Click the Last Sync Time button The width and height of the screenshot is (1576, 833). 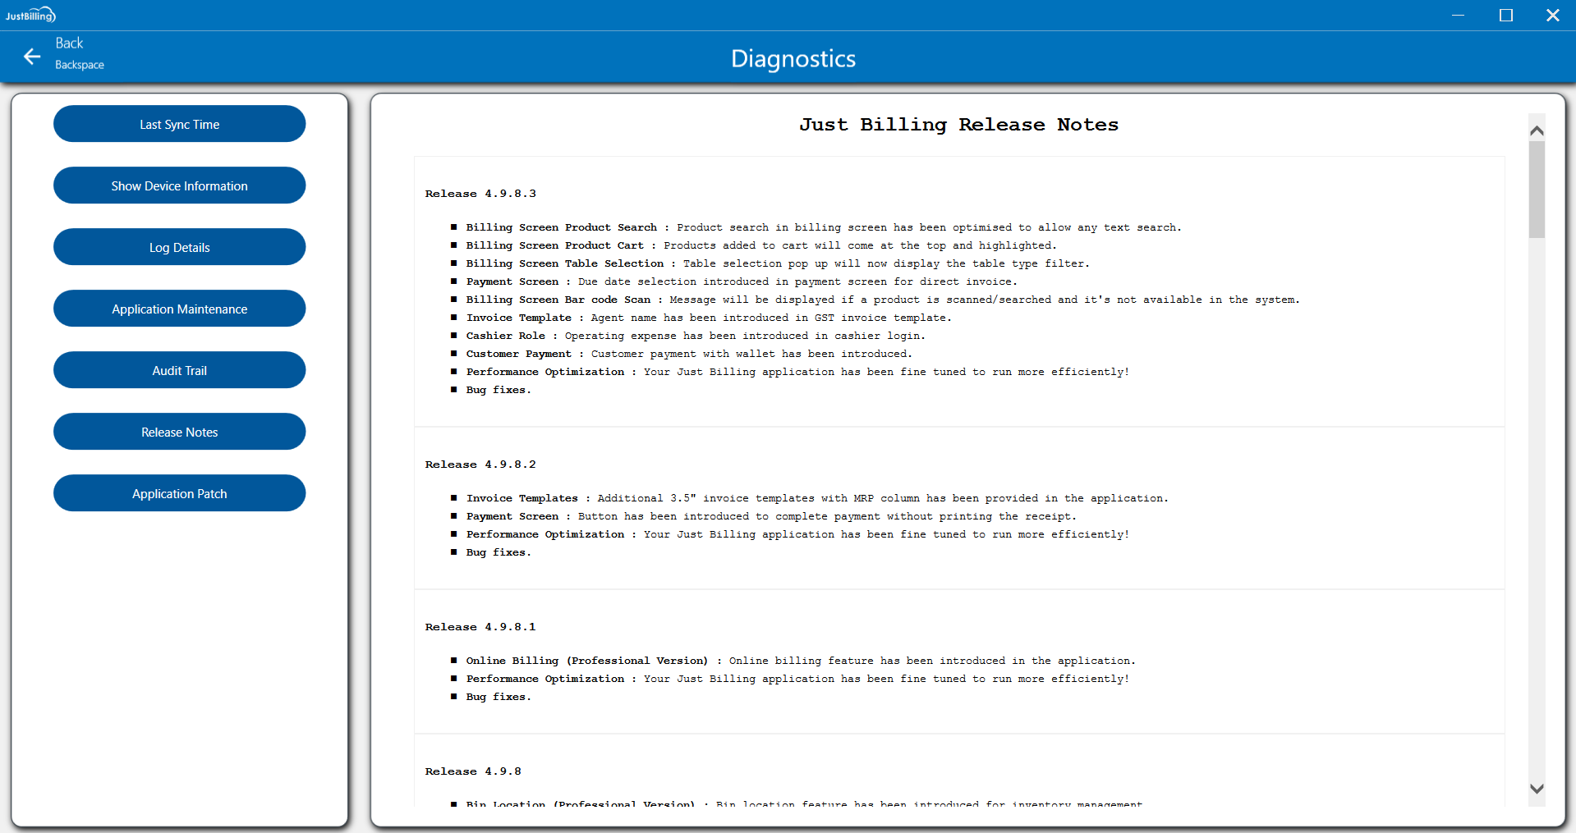(x=179, y=124)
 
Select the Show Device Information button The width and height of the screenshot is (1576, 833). (x=179, y=185)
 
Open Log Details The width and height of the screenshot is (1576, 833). (x=179, y=247)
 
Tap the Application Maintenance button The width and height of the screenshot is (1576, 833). (x=179, y=309)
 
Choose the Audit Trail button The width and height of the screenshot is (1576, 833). (x=179, y=370)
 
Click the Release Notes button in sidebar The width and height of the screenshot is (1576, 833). (x=179, y=432)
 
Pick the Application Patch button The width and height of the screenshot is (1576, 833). (x=179, y=493)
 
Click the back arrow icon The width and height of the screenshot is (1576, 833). (x=32, y=56)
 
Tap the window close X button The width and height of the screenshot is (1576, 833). (x=1552, y=15)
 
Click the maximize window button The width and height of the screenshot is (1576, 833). (x=1505, y=15)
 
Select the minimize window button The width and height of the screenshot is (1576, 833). (x=1458, y=15)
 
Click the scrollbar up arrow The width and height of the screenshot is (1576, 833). (x=1537, y=130)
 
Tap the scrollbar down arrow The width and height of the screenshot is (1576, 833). (x=1537, y=789)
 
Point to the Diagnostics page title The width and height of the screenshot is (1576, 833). (x=793, y=58)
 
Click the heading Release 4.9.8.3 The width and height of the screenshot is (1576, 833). (x=480, y=194)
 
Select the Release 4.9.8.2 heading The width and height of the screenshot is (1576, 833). (x=480, y=465)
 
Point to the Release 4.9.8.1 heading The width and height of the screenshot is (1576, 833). (x=480, y=627)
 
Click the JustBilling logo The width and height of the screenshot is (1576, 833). (x=30, y=15)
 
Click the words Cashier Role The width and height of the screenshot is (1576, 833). (x=505, y=336)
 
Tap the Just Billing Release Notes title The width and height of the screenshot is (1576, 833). (x=958, y=125)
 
